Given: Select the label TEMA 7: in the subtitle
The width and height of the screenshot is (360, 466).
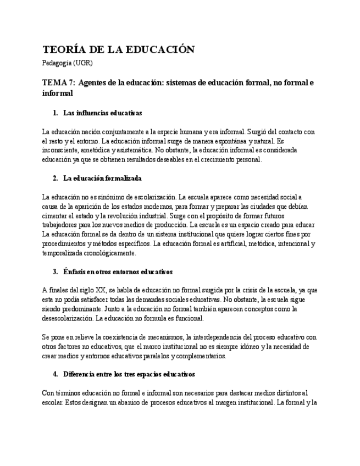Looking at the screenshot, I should click(x=59, y=83).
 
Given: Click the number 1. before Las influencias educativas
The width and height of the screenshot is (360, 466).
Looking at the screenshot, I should click(x=56, y=113).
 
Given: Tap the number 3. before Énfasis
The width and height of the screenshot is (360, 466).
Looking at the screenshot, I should click(x=56, y=272).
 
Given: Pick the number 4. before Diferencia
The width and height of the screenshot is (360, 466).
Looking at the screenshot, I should click(x=56, y=374).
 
